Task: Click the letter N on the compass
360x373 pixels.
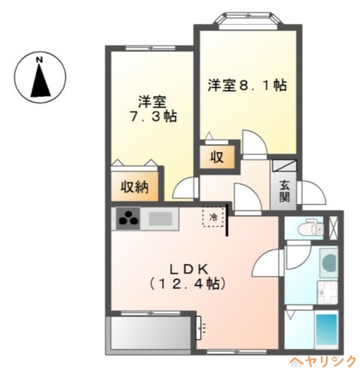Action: click(x=40, y=60)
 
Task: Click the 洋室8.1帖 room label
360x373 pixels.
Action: click(x=248, y=85)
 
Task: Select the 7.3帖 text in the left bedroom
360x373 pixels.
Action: click(x=153, y=116)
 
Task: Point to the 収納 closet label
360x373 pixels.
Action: click(x=134, y=187)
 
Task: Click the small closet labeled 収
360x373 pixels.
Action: click(x=217, y=157)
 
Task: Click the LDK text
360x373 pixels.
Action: click(x=189, y=269)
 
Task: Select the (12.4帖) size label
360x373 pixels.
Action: click(x=188, y=284)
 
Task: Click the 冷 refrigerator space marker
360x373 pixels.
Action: click(x=214, y=217)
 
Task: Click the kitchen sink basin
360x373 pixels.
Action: click(x=160, y=219)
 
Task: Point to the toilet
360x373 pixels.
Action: click(x=311, y=228)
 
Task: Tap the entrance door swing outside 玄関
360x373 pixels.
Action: click(x=312, y=192)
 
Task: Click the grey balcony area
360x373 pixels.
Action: click(x=150, y=333)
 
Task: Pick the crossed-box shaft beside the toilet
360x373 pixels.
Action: click(x=332, y=228)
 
